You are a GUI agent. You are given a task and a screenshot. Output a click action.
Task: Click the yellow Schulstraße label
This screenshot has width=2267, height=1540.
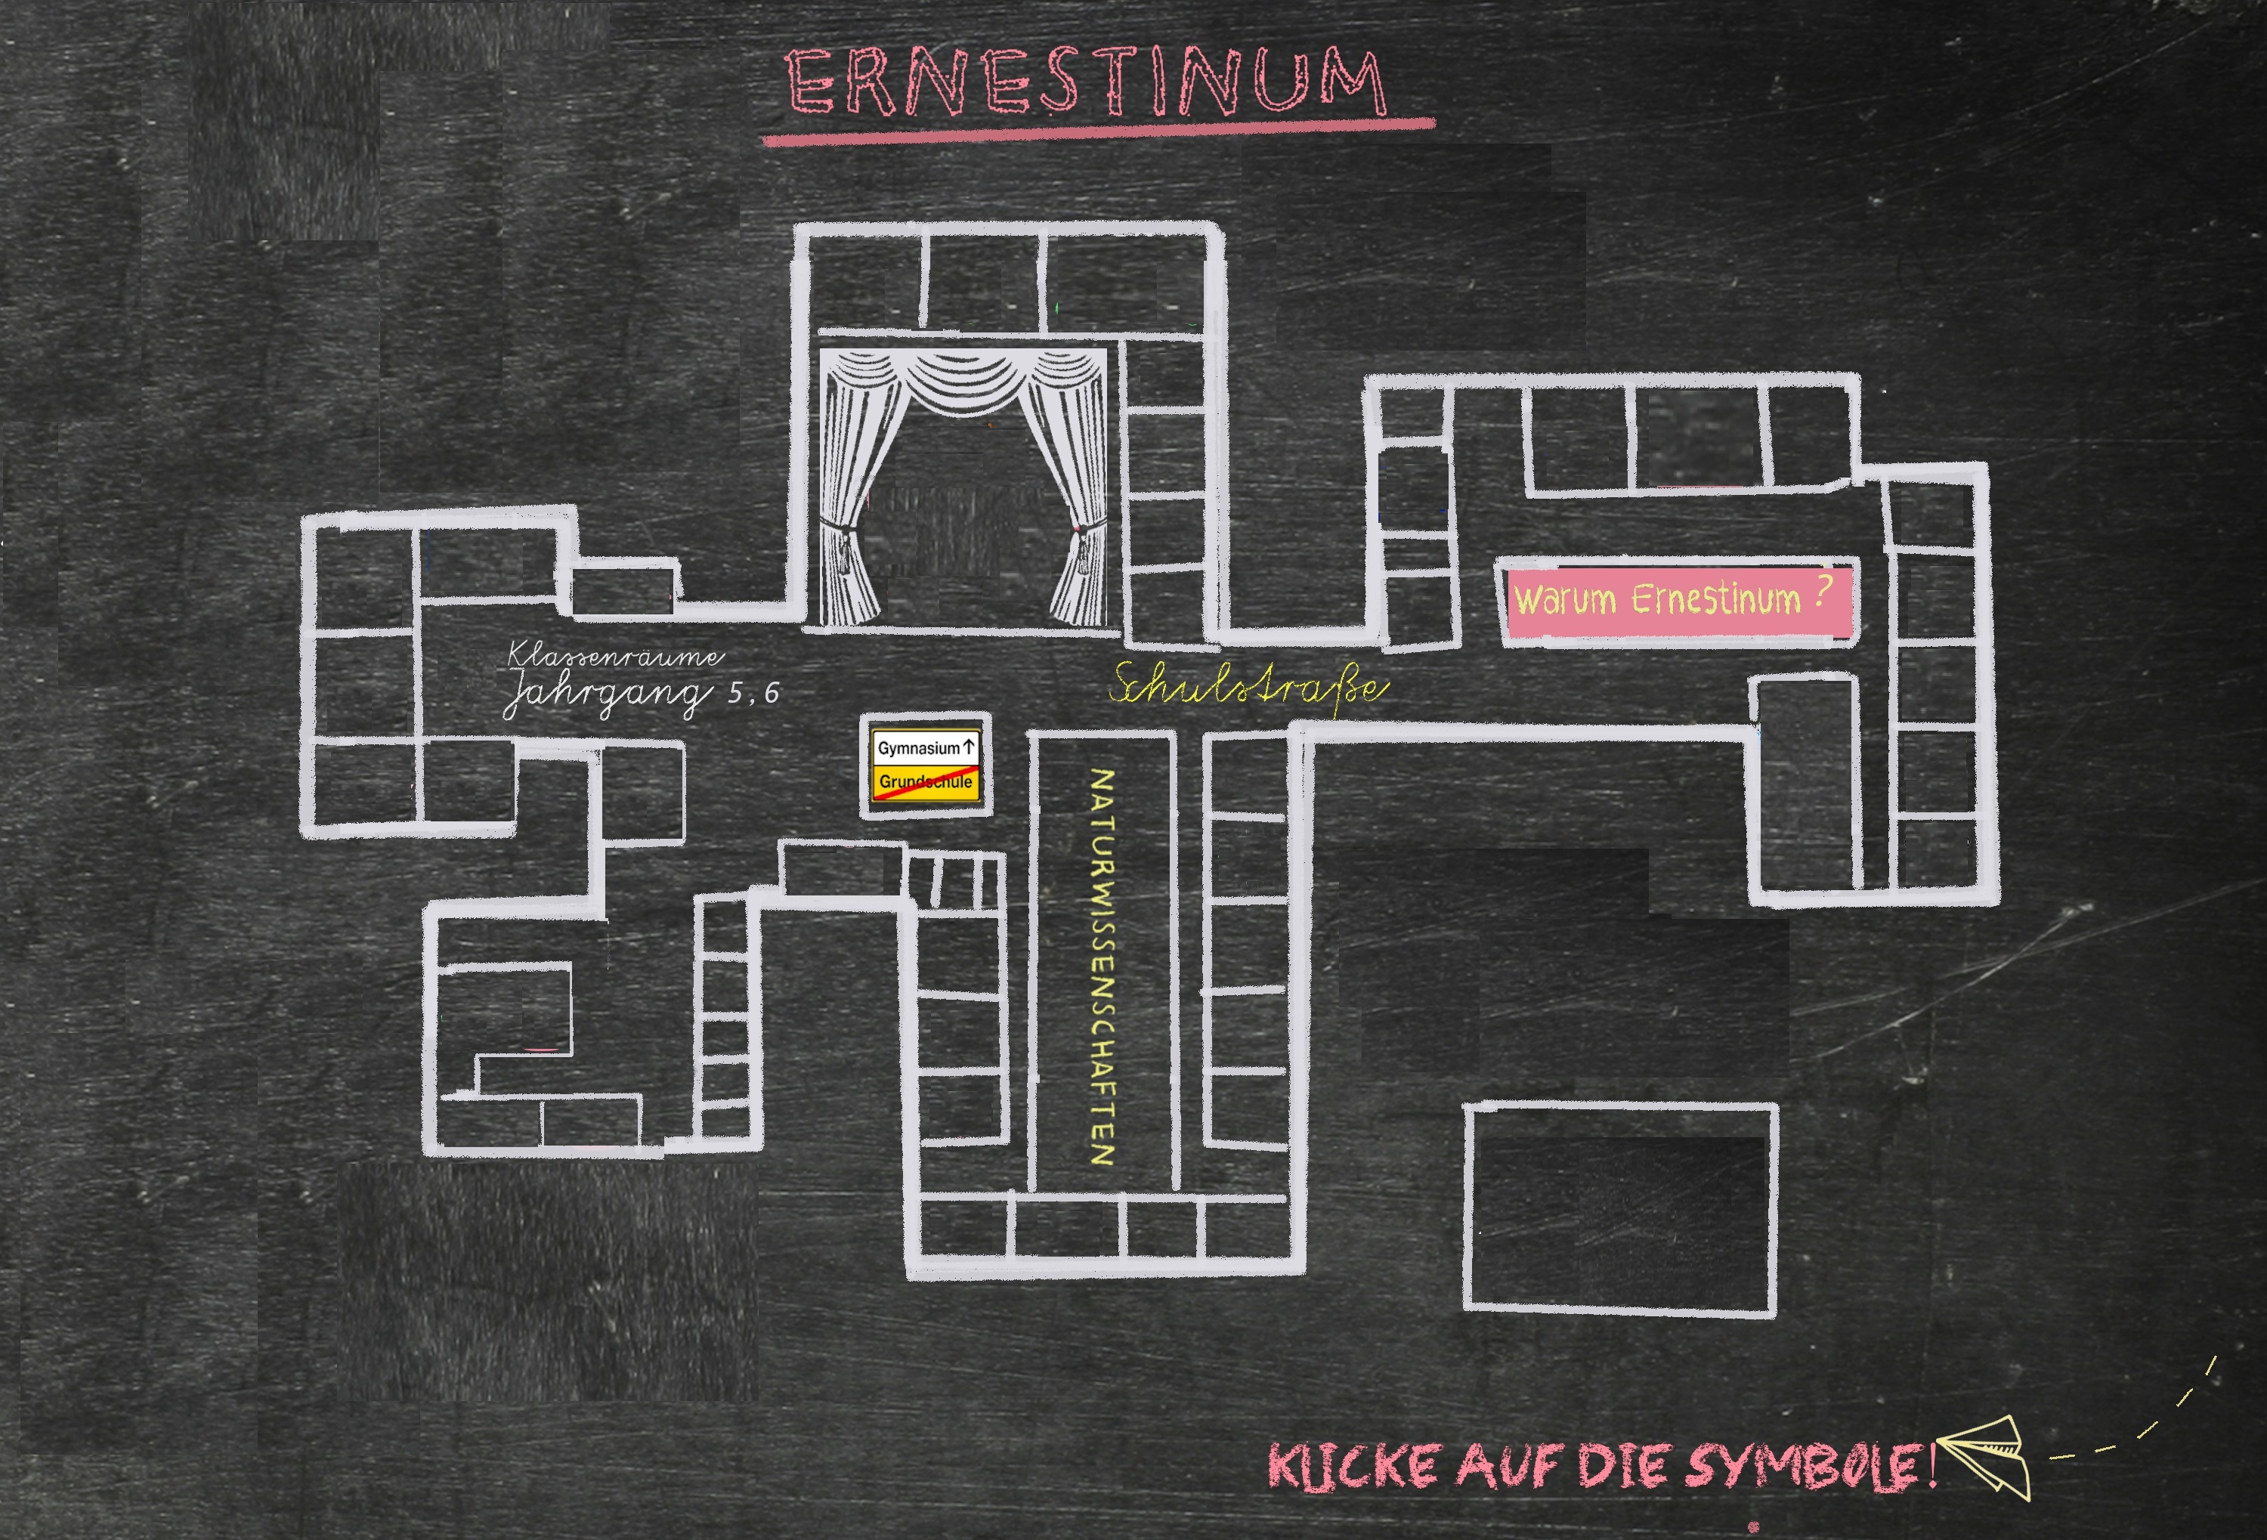tap(1248, 687)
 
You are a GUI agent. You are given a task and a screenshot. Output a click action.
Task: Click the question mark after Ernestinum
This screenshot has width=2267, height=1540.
tap(1821, 592)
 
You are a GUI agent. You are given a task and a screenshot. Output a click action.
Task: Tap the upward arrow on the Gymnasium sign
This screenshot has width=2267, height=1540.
tap(969, 747)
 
